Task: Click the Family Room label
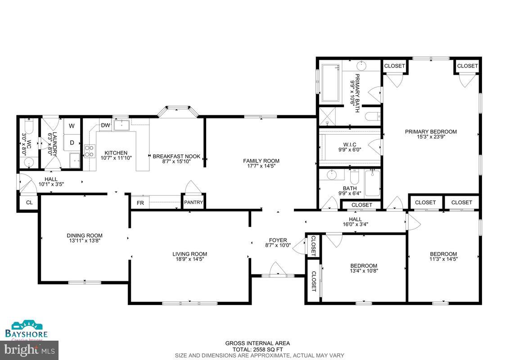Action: click(261, 161)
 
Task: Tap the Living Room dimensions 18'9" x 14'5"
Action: click(190, 259)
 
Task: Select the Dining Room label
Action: click(85, 235)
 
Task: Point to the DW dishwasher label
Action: click(105, 126)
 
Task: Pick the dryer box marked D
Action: click(72, 143)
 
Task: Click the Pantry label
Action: click(194, 202)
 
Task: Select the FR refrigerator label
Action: click(140, 203)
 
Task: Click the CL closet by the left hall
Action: click(29, 203)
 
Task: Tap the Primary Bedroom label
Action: click(431, 132)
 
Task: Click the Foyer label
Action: click(278, 240)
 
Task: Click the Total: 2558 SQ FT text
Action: click(257, 349)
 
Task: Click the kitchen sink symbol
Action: click(122, 125)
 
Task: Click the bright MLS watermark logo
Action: click(29, 349)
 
